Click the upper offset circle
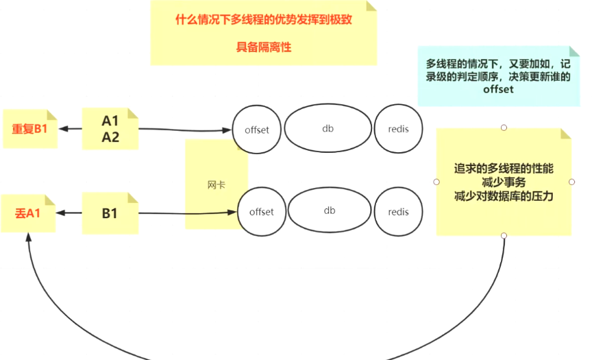pos(256,130)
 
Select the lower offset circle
pos(261,212)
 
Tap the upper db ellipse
pos(328,128)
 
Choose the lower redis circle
pos(398,212)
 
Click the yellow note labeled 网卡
pos(215,184)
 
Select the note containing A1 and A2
pos(110,129)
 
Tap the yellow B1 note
pos(110,213)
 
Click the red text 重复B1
pos(29,128)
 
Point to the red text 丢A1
pos(28,213)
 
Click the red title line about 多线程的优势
pos(264,19)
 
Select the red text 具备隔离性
pos(264,47)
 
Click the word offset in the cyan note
pos(498,90)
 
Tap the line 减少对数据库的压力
pos(504,196)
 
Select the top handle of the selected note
pos(504,128)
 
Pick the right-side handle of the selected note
pos(572,182)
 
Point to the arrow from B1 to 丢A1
pos(69,213)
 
